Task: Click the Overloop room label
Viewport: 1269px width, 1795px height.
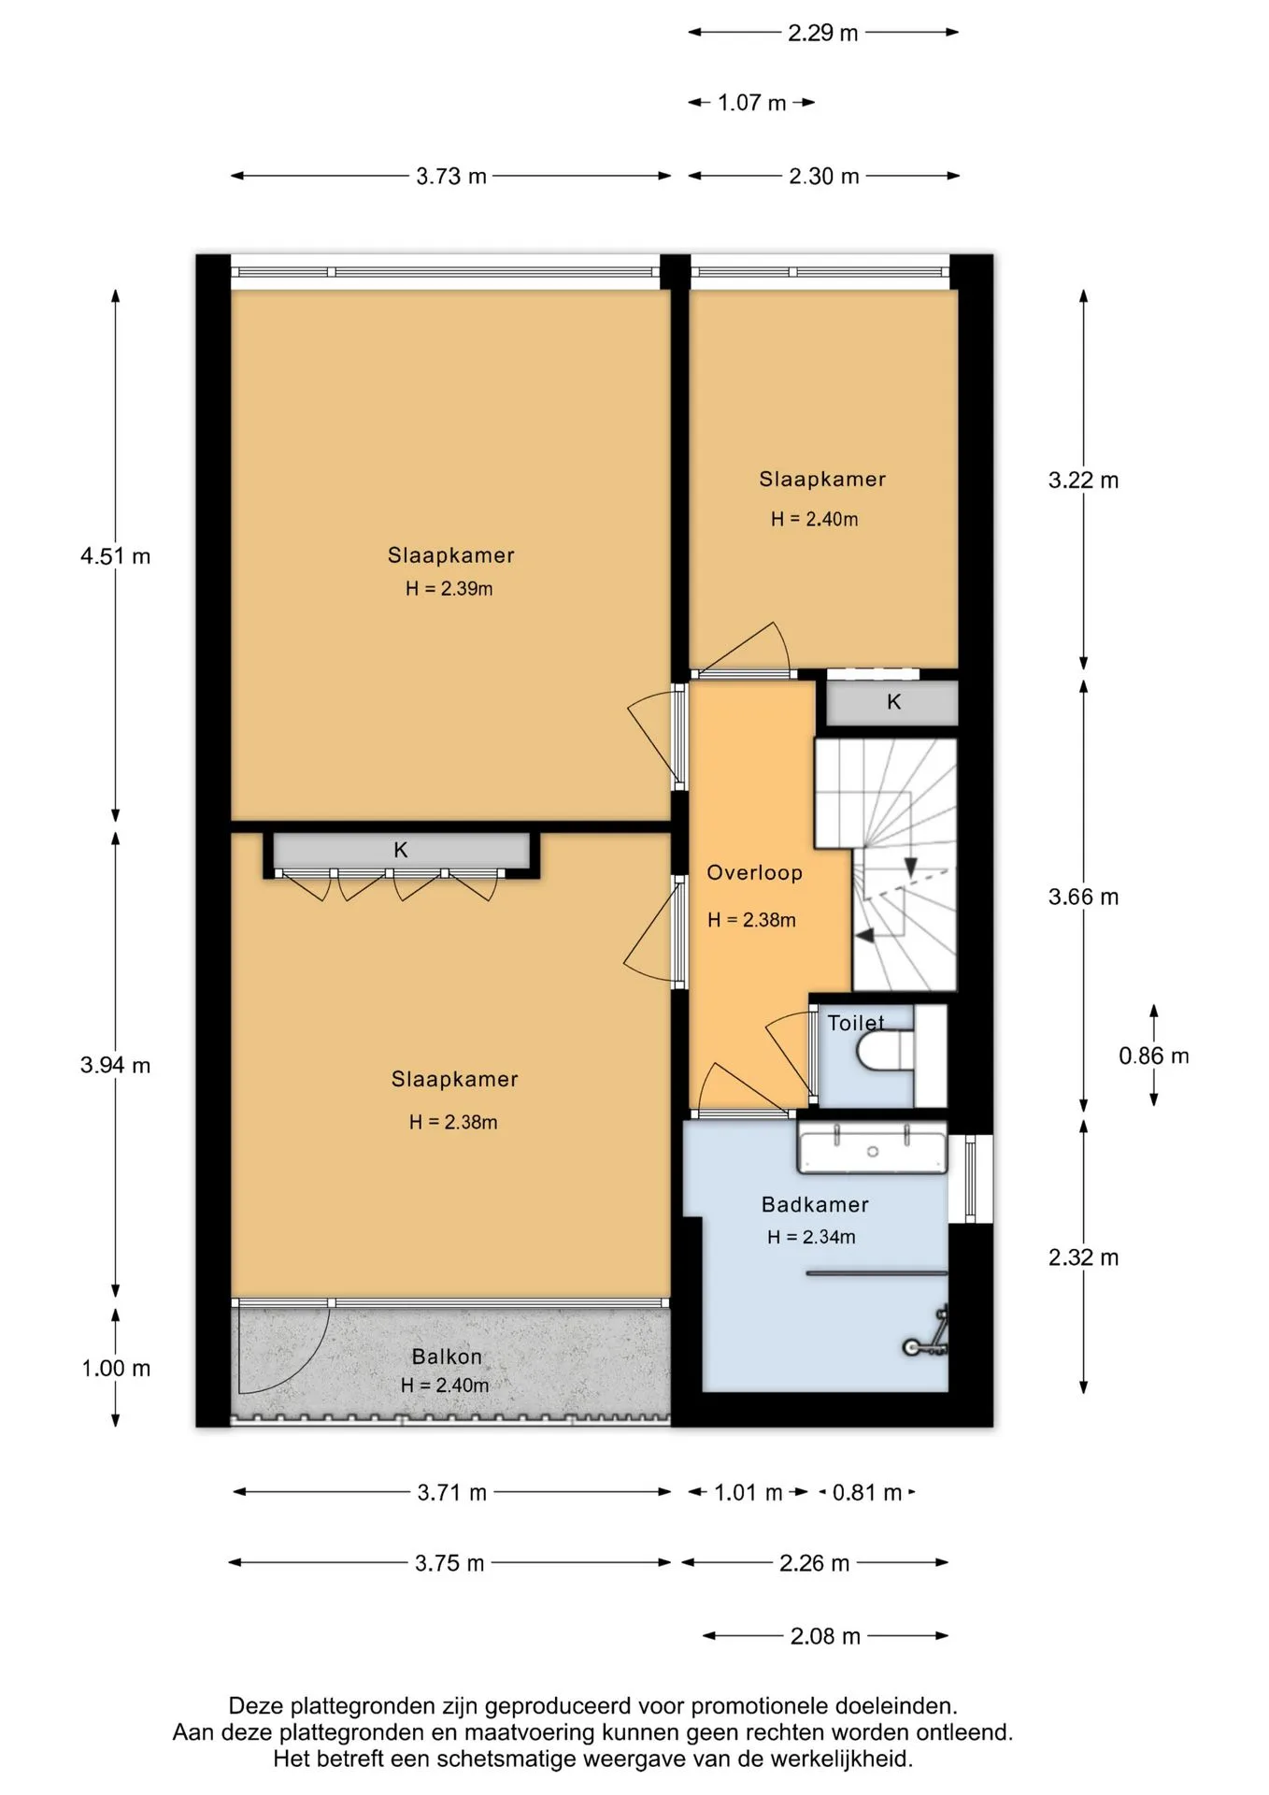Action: pos(754,873)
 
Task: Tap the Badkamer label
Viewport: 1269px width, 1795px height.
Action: pos(815,1205)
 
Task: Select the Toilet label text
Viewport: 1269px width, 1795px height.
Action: pos(856,1023)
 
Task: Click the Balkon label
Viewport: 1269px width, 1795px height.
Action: pos(447,1357)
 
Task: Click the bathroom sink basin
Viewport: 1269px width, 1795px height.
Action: pos(872,1149)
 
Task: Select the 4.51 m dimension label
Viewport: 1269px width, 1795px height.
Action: pos(115,556)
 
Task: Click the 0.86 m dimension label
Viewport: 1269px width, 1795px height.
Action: pos(1154,1056)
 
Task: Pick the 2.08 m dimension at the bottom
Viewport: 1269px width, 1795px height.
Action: pos(825,1636)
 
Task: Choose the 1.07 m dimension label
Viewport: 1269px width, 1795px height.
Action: pos(752,103)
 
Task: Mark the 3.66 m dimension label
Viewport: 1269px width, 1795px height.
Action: pos(1083,897)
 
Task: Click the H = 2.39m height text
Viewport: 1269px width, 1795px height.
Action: pos(449,589)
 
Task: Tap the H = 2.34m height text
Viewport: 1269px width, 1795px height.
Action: pos(811,1238)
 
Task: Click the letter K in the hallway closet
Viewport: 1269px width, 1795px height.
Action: pos(894,702)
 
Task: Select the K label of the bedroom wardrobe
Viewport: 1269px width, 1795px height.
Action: pos(401,851)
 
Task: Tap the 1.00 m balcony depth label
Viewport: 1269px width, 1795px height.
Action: pos(116,1369)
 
